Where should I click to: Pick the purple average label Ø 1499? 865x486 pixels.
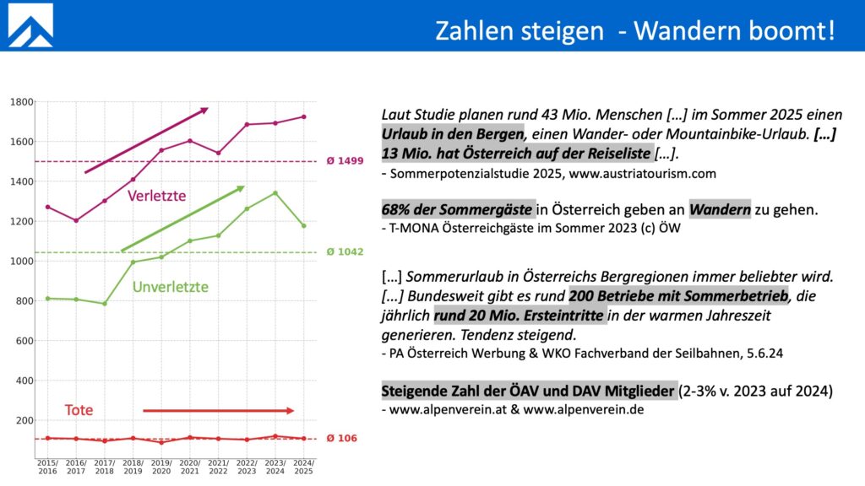click(345, 161)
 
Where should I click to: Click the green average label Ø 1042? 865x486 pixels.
click(345, 252)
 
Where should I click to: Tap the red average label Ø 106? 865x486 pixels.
click(342, 438)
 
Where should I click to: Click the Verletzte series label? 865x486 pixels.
click(156, 196)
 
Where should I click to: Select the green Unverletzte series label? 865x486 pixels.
click(170, 288)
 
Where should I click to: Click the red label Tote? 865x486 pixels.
click(79, 410)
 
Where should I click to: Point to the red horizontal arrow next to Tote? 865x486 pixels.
click(218, 411)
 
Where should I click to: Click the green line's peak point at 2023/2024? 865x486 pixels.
click(275, 192)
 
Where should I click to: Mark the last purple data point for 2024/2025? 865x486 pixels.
click(304, 117)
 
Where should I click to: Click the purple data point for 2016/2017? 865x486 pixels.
click(77, 220)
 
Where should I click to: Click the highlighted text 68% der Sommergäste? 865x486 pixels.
click(457, 209)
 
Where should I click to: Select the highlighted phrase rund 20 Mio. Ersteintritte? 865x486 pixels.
click(520, 316)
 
